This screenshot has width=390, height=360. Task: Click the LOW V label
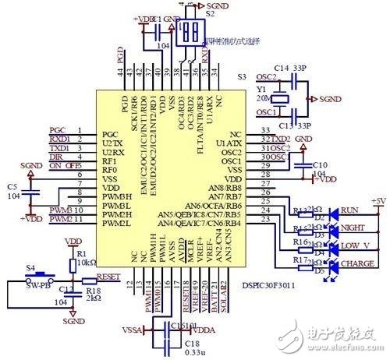[x=356, y=246]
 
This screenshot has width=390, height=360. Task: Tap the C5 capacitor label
[x=11, y=191]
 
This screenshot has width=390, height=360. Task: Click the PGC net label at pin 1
[x=58, y=130]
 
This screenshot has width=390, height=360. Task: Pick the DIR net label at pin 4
[x=57, y=157]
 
